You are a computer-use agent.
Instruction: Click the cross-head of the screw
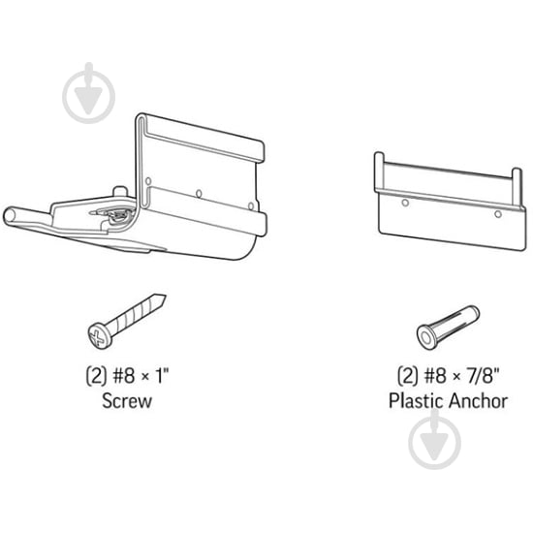[99, 335]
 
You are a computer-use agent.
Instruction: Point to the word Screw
[127, 401]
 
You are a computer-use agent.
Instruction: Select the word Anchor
[477, 401]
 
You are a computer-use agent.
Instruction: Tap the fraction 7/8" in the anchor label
[482, 375]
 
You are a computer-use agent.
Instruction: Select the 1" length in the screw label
[163, 376]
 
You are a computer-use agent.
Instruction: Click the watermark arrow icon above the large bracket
[89, 93]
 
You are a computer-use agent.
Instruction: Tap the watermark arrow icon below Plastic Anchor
[434, 440]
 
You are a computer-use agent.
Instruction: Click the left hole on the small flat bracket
[405, 203]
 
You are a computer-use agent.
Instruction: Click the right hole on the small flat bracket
[498, 214]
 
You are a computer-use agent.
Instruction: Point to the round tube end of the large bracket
[11, 216]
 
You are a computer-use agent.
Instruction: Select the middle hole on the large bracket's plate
[199, 194]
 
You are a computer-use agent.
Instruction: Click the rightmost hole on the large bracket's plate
[251, 206]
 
